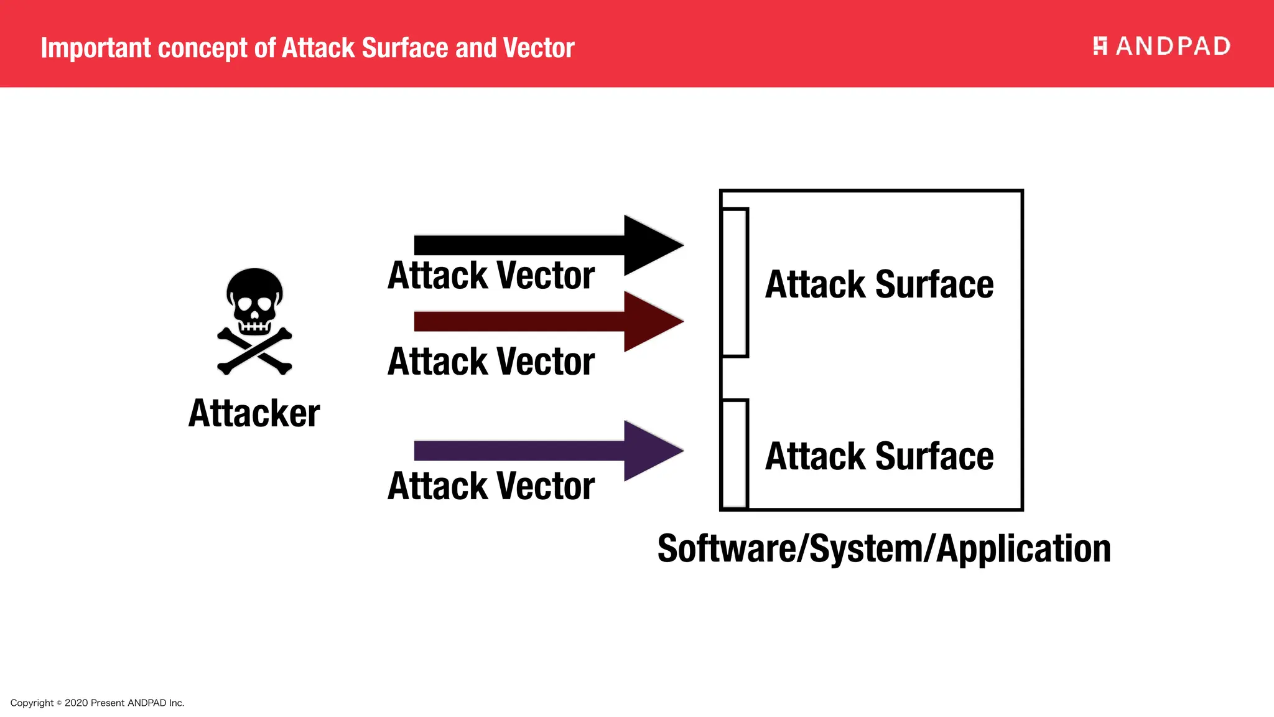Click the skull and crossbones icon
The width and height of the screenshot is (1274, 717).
pyautogui.click(x=254, y=321)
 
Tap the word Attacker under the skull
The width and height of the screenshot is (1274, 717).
pyautogui.click(x=254, y=413)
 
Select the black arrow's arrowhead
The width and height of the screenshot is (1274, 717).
pyautogui.click(x=650, y=245)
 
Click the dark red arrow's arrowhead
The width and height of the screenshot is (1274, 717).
pyautogui.click(x=650, y=322)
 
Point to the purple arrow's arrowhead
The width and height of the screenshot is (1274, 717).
pyautogui.click(x=650, y=451)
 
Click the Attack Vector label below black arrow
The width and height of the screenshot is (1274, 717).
pyautogui.click(x=491, y=276)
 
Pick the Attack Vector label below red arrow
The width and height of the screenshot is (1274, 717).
pyautogui.click(x=491, y=362)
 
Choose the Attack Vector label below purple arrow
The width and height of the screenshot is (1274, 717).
pyautogui.click(x=491, y=486)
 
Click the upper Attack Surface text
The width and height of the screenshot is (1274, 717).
pyautogui.click(x=879, y=285)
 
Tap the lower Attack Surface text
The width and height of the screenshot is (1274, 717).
pyautogui.click(x=879, y=456)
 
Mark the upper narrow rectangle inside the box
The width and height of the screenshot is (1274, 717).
pyautogui.click(x=735, y=283)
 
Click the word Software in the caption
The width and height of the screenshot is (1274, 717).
pyautogui.click(x=727, y=549)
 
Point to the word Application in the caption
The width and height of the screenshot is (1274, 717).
pyautogui.click(x=1023, y=549)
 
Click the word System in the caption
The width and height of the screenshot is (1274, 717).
pyautogui.click(x=867, y=549)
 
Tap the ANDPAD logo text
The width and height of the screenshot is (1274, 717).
pyautogui.click(x=1173, y=47)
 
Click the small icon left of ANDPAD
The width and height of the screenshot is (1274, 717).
pyautogui.click(x=1100, y=46)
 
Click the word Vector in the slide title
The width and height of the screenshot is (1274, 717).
pyautogui.click(x=539, y=49)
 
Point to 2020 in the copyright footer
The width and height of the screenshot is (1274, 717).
pyautogui.click(x=76, y=703)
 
